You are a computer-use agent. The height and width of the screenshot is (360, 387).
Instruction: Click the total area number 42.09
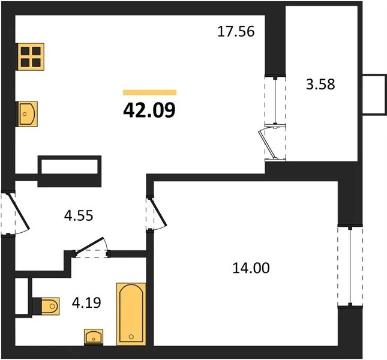click(149, 110)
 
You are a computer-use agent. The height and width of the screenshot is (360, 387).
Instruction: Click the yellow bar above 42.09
click(149, 92)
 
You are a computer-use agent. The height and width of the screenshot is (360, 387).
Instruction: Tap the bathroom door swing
click(91, 247)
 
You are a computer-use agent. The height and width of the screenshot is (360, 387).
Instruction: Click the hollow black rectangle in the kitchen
click(70, 166)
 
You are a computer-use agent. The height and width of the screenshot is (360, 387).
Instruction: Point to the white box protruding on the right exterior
click(374, 95)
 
